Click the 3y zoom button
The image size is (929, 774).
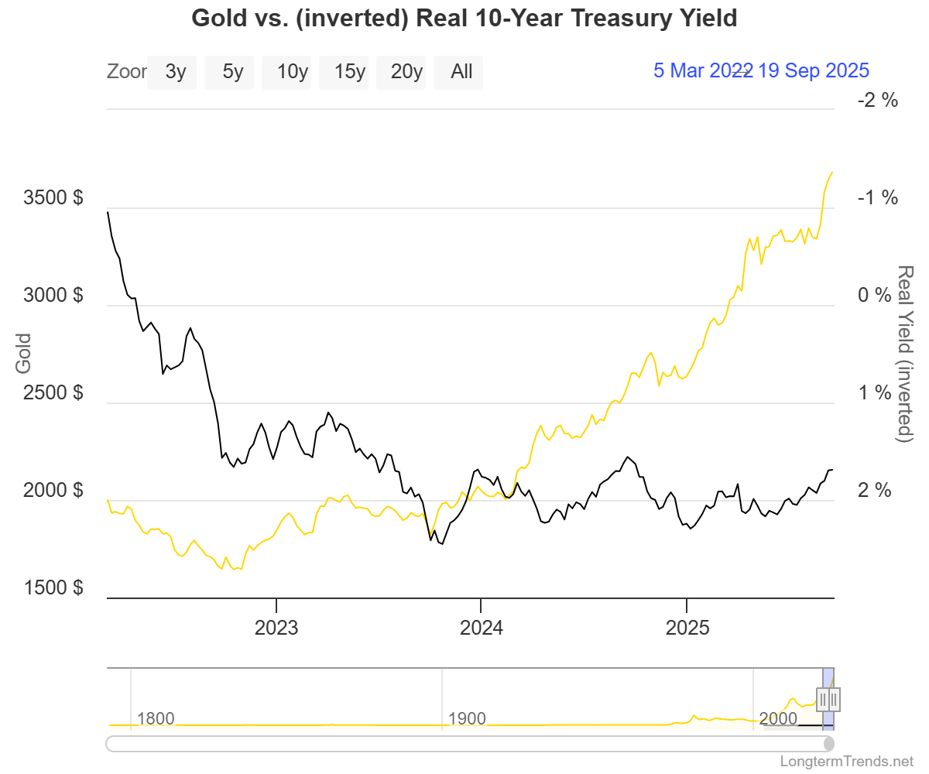176,72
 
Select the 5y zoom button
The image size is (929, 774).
233,72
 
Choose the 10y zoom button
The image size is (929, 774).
293,72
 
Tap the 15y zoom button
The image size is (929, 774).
350,72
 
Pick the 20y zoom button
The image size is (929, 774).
406,72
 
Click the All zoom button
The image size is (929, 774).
461,72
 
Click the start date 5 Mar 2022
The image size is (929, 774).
701,70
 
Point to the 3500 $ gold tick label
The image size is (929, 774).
53,197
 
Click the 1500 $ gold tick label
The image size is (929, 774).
53,587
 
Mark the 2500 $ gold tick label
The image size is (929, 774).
53,392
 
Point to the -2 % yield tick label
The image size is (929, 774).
878,100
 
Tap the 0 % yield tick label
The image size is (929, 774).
878,295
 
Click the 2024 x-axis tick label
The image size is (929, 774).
482,627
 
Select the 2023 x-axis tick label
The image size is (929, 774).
276,627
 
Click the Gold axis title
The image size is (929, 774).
23,353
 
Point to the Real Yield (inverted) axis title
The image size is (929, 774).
904,354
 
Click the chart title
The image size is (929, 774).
464,19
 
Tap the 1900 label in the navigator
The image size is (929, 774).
468,718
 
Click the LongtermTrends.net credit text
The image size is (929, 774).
847,761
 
